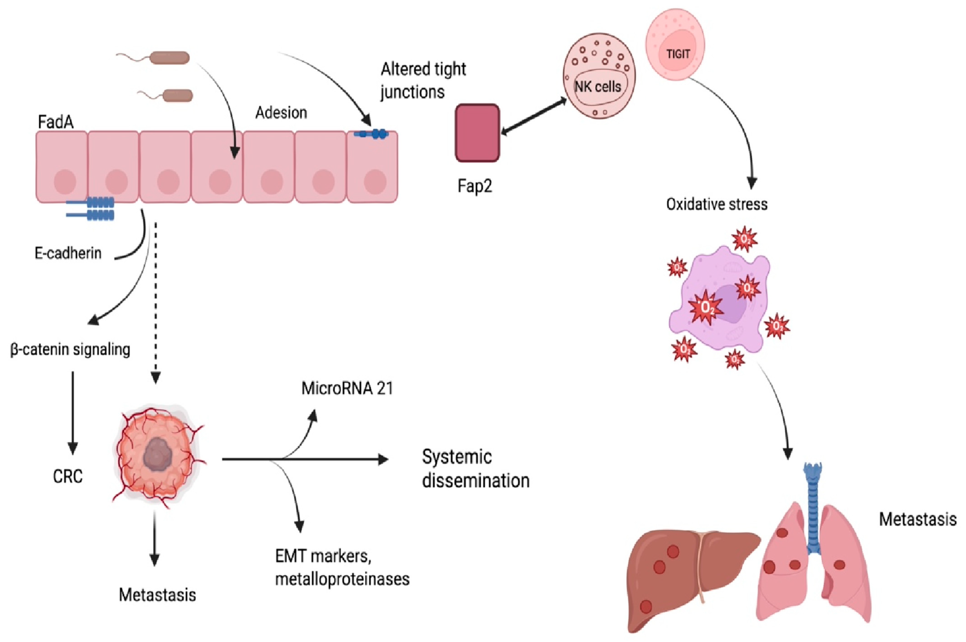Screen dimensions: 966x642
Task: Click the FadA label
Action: click(x=56, y=122)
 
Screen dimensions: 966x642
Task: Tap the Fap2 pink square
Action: click(x=478, y=133)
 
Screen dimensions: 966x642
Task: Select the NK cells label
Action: click(x=598, y=86)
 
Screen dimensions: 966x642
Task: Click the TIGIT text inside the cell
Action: click(x=678, y=54)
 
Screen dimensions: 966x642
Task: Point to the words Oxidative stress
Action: click(x=717, y=204)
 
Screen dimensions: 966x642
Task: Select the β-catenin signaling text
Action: click(x=70, y=350)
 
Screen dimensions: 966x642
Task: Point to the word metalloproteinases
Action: click(x=342, y=579)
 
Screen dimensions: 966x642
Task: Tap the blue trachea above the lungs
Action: click(x=813, y=508)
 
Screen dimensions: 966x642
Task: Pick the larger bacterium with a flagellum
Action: click(x=154, y=57)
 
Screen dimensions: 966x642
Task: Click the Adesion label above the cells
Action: click(x=281, y=113)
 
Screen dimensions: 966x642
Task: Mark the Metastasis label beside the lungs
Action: click(x=918, y=519)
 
